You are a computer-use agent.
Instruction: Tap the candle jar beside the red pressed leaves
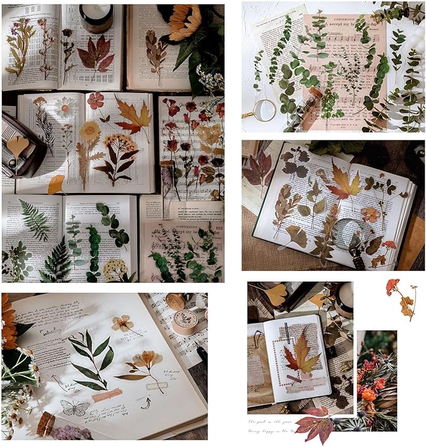click(x=96, y=18)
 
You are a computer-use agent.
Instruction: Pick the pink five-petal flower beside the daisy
click(x=95, y=100)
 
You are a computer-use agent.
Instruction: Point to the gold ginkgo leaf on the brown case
click(x=18, y=145)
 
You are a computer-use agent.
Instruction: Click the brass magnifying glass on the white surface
click(x=264, y=110)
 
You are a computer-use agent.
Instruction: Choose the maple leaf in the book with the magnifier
click(x=344, y=182)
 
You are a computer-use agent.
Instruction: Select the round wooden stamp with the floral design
click(x=186, y=322)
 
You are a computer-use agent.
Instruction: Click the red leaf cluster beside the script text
click(x=316, y=423)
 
